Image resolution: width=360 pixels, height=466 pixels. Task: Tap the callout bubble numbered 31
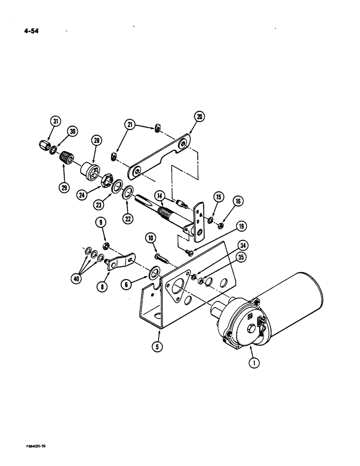pos(55,122)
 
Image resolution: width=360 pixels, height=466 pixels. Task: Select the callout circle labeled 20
pos(199,117)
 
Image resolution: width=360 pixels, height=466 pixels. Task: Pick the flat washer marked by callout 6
pos(154,272)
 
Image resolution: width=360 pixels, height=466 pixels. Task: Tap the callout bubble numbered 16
pos(239,201)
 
